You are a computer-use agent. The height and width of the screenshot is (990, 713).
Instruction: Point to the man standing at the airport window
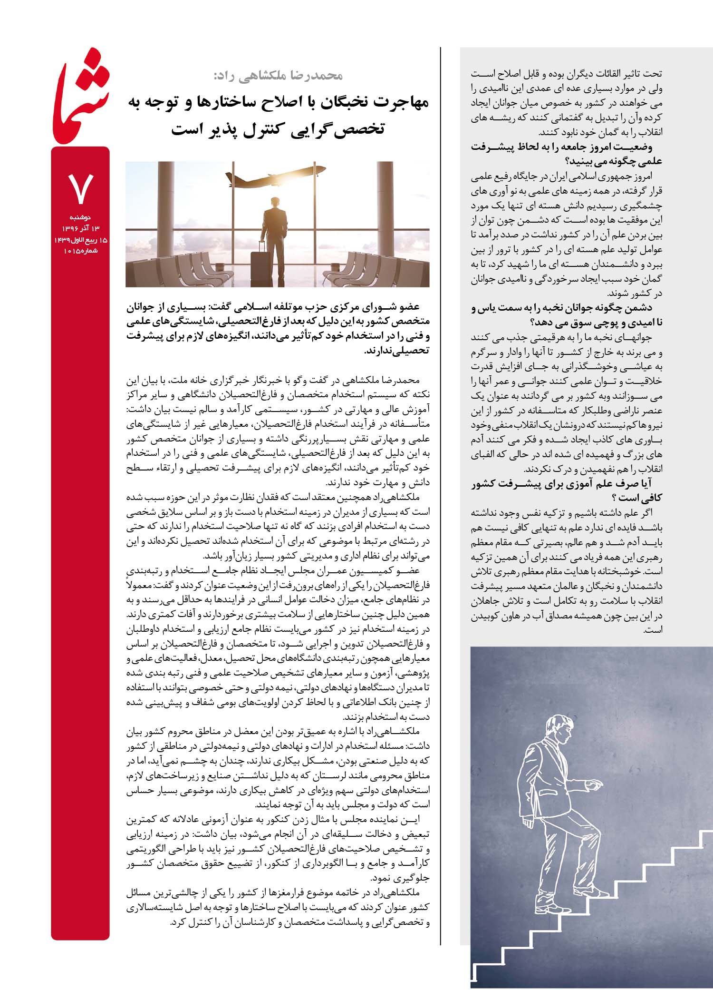[270, 238]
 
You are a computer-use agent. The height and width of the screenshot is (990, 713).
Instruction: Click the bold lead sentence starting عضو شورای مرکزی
[278, 329]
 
